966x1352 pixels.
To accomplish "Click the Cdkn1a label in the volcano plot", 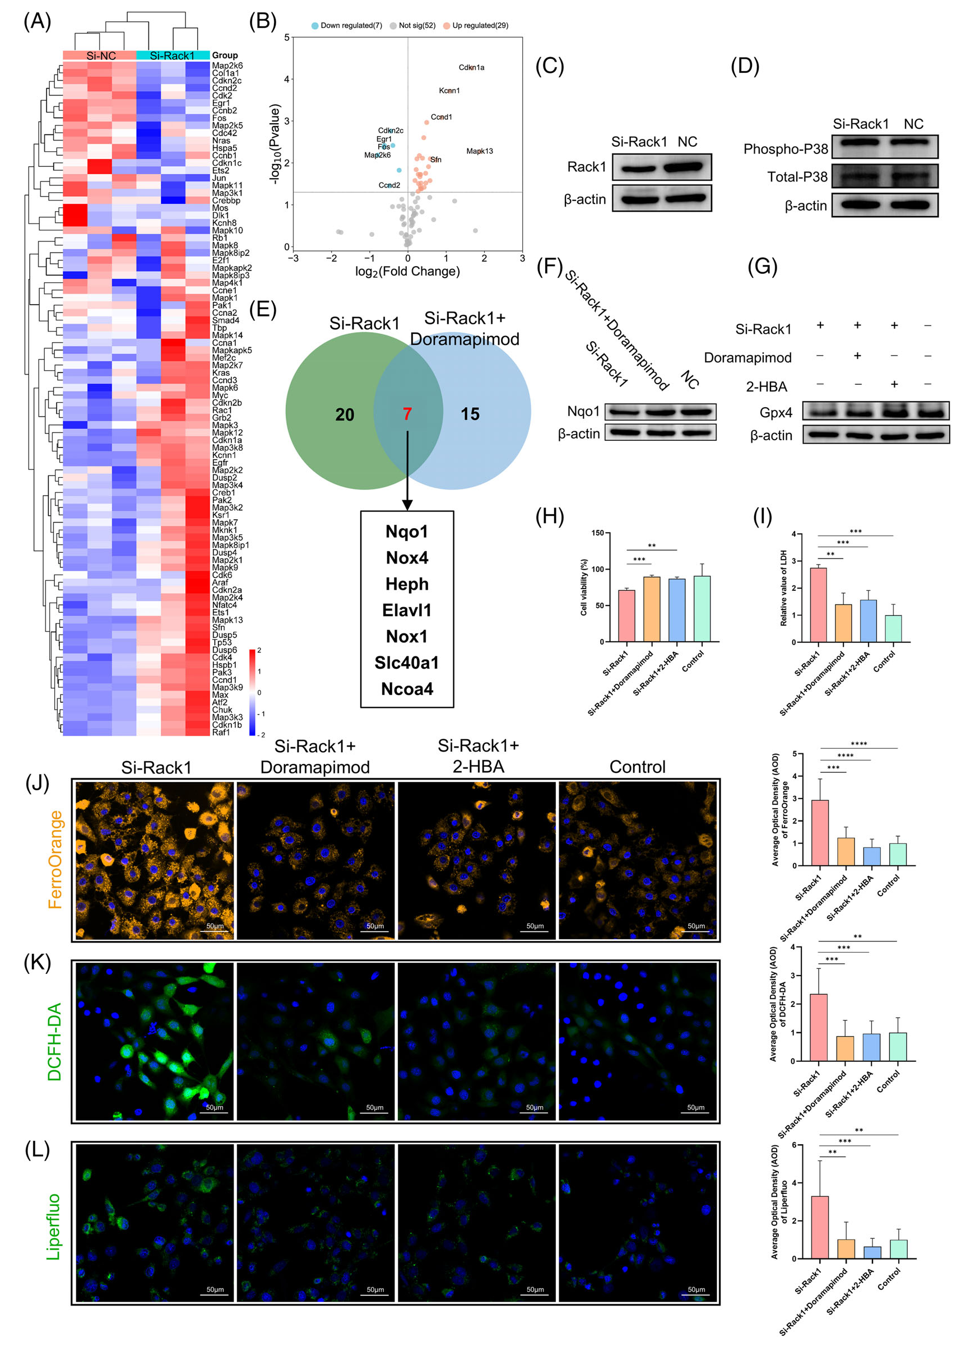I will point(471,67).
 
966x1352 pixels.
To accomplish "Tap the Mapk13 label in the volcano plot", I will point(480,151).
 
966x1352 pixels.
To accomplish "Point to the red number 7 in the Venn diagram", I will point(407,414).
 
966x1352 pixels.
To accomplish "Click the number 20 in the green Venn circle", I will point(345,414).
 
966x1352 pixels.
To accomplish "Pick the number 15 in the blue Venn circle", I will point(470,414).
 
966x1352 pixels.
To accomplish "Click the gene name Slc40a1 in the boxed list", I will point(407,663).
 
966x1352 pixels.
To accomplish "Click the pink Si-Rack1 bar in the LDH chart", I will point(818,604).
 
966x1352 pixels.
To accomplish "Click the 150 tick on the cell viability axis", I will point(597,533).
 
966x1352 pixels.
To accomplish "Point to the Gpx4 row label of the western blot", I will point(775,412).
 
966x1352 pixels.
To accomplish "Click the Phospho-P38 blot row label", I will point(785,148).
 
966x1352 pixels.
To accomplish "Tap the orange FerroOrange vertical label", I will point(55,860).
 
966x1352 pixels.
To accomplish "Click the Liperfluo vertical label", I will point(54,1226).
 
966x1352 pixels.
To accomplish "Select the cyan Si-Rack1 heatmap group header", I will point(173,56).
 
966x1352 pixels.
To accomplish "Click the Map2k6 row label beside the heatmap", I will point(227,66).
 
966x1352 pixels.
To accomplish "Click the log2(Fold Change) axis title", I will point(407,271).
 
